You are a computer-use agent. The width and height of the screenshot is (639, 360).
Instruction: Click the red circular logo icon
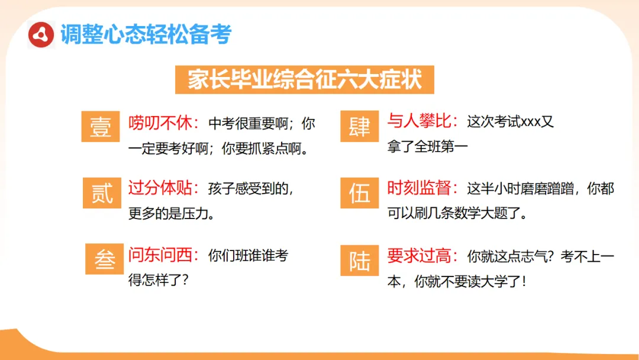[41, 35]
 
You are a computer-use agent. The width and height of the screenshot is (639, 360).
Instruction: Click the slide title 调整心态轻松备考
[146, 35]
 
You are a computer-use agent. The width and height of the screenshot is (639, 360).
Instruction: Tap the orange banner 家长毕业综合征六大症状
[305, 79]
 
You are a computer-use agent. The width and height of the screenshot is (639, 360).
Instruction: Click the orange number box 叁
[105, 259]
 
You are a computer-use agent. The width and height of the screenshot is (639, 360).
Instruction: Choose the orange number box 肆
[359, 126]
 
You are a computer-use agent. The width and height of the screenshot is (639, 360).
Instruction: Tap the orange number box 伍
[359, 192]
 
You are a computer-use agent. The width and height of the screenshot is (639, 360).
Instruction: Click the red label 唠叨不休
[160, 123]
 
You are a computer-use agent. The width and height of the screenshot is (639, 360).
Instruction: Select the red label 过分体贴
[160, 189]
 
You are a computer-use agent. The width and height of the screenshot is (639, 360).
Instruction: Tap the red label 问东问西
[160, 255]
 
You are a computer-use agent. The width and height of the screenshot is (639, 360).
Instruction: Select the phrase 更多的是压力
[167, 213]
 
